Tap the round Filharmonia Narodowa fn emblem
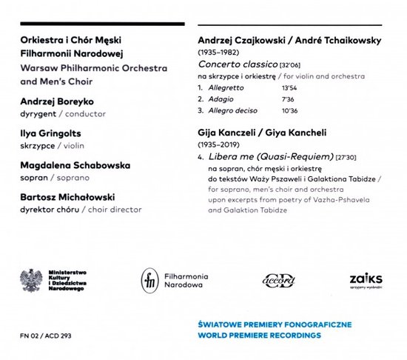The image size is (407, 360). point(149,280)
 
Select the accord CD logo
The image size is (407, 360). point(279,281)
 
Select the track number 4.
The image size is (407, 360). point(201,158)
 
